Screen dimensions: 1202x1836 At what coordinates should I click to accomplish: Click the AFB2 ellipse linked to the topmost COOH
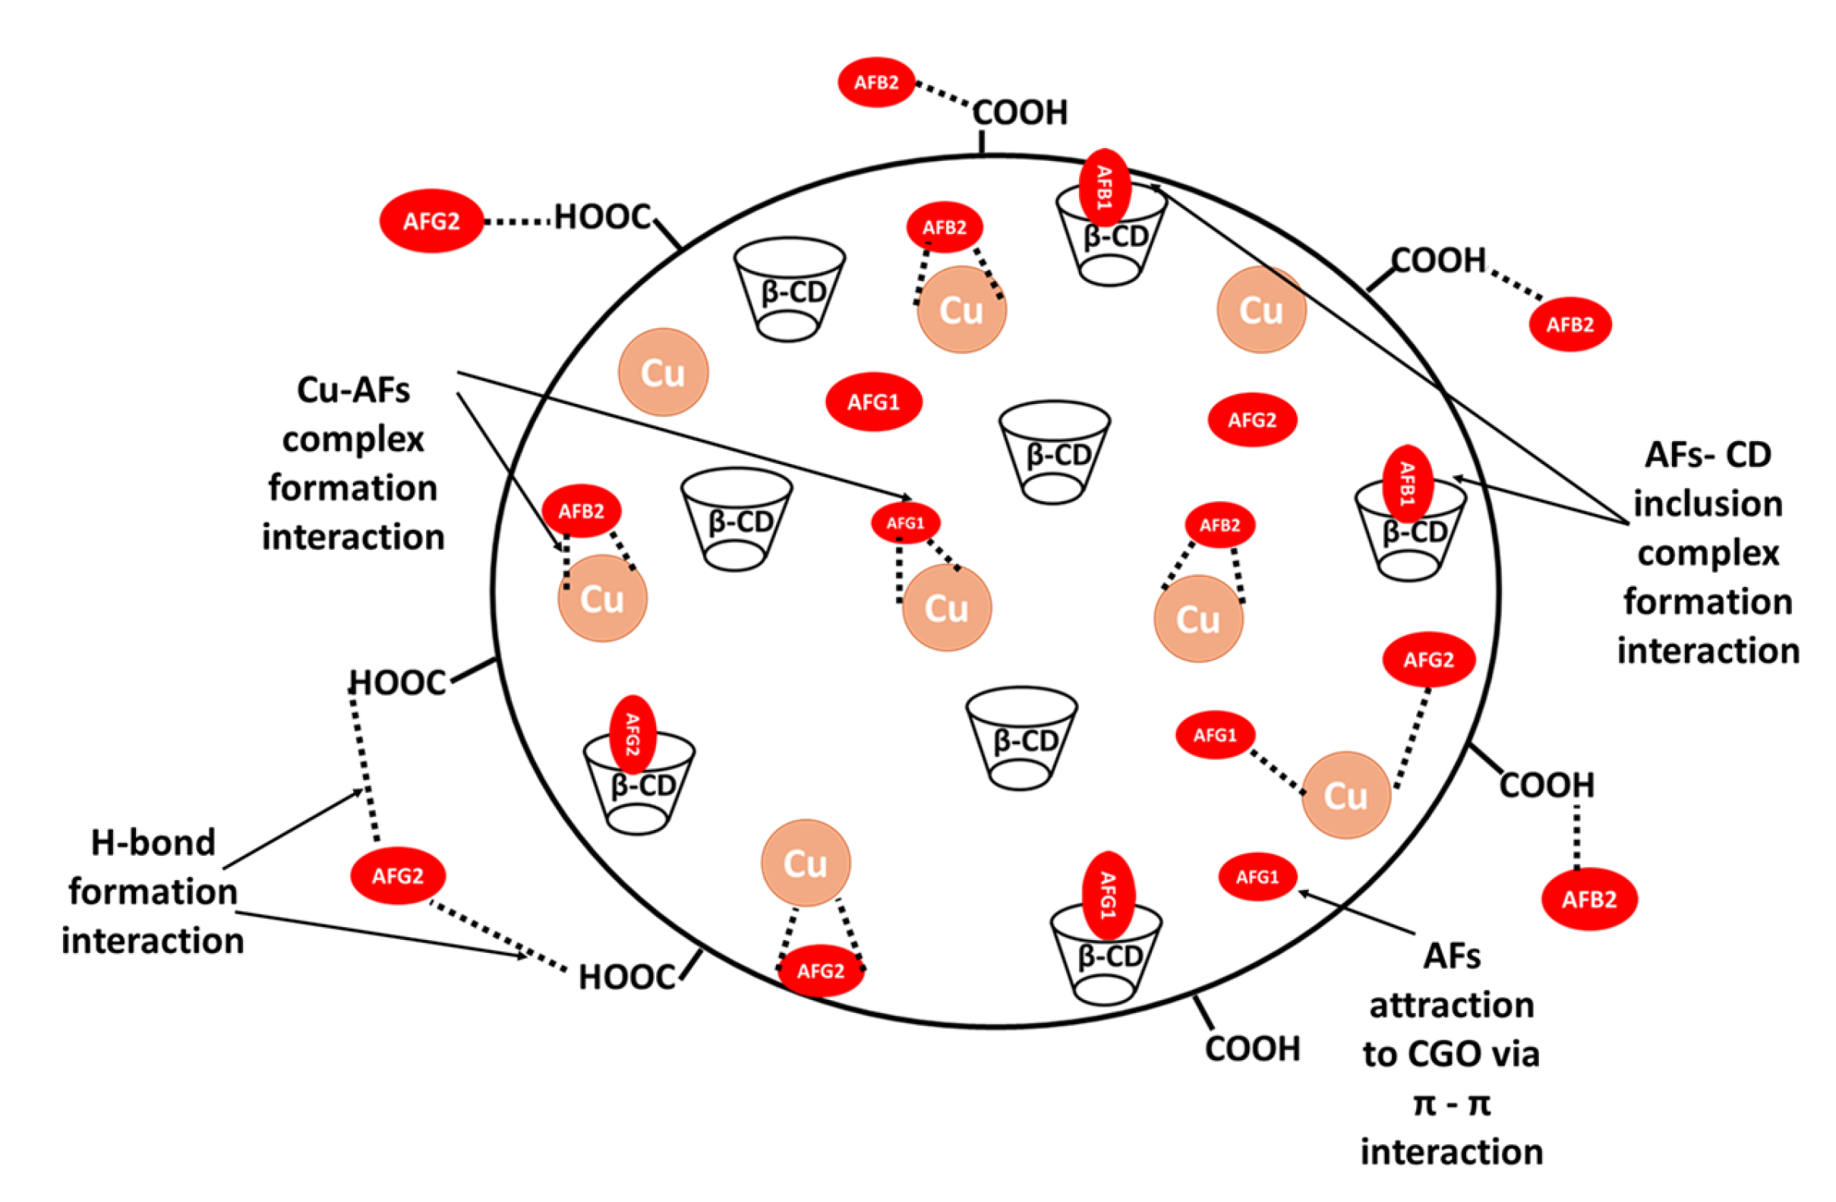point(876,82)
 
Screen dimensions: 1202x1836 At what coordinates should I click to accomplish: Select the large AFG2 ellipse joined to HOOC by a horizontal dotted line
point(431,222)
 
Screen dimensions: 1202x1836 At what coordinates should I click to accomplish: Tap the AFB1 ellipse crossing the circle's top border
point(1104,188)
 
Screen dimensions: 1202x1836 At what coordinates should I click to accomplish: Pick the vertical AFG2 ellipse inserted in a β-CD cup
point(633,734)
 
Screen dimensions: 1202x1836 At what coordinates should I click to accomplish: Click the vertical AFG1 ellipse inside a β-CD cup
point(1108,895)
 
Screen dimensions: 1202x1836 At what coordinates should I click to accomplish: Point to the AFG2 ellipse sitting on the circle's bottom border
point(820,970)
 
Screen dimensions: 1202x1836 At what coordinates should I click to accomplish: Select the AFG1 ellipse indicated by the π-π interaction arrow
point(1257,876)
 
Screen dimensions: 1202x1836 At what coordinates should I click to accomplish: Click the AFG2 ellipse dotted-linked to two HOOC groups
point(397,875)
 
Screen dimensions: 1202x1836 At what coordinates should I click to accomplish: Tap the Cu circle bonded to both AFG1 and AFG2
point(1345,795)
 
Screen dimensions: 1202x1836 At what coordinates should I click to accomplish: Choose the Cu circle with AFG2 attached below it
point(806,863)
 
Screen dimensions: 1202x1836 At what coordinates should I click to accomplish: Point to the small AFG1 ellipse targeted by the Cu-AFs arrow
point(905,523)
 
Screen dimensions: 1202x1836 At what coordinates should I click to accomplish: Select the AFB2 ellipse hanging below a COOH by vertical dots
point(1589,899)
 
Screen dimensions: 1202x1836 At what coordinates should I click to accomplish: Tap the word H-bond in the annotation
point(153,843)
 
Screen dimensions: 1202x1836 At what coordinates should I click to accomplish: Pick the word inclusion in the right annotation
point(1708,503)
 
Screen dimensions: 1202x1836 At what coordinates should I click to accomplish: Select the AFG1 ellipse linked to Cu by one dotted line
point(1215,734)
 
